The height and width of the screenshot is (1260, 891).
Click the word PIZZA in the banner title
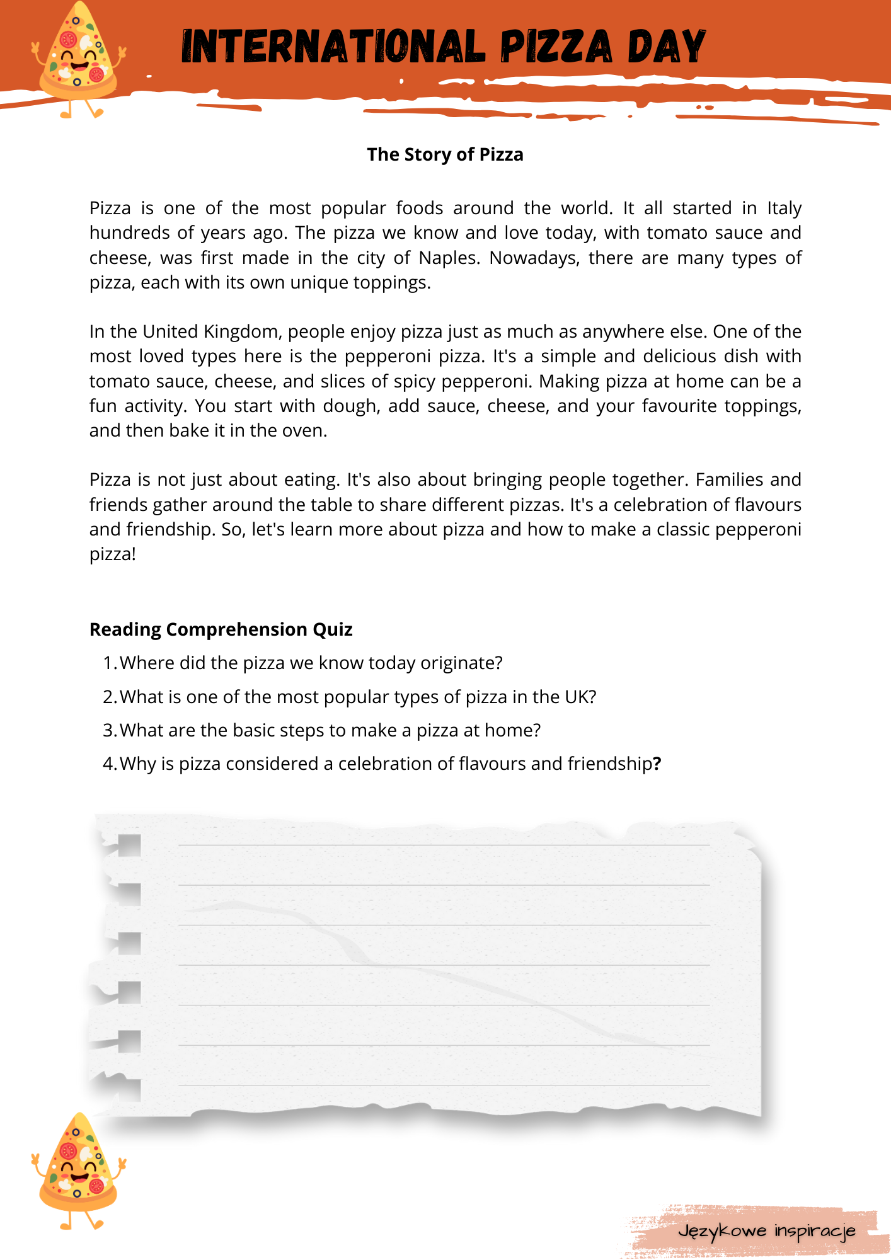tap(556, 47)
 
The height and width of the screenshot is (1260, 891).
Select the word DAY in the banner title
tap(667, 47)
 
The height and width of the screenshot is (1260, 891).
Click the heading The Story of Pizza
tap(445, 154)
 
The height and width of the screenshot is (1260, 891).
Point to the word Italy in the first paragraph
tap(784, 208)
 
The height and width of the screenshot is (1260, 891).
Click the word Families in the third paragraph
tap(728, 479)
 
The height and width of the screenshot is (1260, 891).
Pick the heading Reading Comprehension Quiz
tap(221, 629)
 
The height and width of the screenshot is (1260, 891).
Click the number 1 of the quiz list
tap(108, 663)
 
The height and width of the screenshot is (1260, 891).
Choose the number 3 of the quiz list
tap(108, 730)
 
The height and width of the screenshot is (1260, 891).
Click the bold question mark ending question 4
tap(657, 764)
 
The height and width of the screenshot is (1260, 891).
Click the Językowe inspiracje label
tap(766, 1230)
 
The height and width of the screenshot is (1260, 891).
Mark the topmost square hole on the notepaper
tap(129, 845)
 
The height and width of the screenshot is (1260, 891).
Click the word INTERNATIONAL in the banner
tap(333, 47)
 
